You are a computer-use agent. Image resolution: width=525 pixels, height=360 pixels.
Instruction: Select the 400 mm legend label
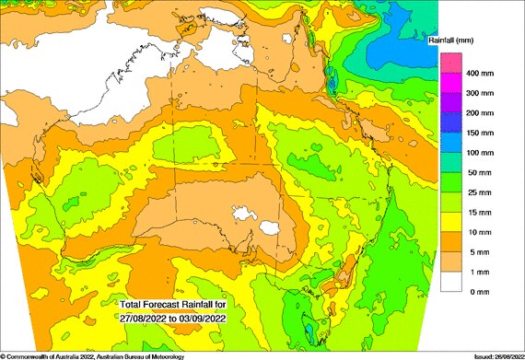(x=482, y=74)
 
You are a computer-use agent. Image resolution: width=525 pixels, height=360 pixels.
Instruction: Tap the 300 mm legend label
(x=482, y=93)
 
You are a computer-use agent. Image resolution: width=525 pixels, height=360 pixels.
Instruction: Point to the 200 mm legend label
(x=482, y=113)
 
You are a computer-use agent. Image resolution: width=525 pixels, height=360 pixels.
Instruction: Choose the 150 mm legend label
(x=482, y=133)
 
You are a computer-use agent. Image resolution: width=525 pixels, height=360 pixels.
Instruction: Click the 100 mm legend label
(x=482, y=152)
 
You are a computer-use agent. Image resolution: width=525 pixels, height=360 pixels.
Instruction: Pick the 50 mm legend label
(x=480, y=172)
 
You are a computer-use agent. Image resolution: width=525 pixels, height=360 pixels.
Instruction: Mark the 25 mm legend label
(x=480, y=192)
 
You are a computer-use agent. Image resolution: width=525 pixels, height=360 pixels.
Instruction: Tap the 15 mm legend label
(x=480, y=212)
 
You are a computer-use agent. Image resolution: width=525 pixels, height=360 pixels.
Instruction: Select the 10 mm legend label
(x=480, y=231)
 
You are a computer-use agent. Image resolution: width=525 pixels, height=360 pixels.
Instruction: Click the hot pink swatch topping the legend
(x=450, y=64)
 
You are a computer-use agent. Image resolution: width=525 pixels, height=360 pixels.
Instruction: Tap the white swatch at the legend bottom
(x=450, y=281)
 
